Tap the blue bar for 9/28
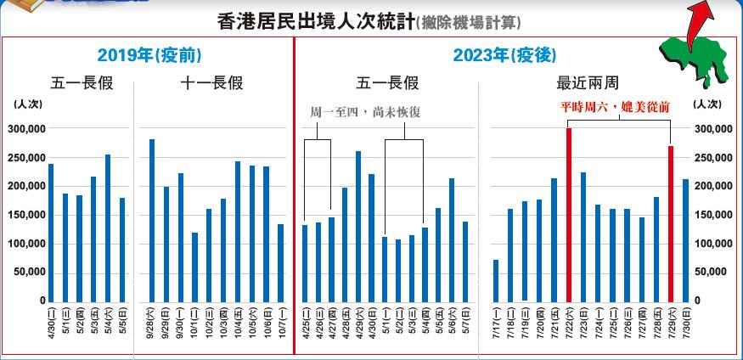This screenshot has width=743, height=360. [151, 220]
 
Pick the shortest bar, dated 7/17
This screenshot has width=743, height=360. [495, 280]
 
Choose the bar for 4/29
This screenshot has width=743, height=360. [358, 226]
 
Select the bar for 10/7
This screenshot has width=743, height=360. [280, 262]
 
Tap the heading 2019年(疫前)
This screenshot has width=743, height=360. [149, 56]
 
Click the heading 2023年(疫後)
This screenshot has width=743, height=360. [504, 56]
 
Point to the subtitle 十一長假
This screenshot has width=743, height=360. [211, 83]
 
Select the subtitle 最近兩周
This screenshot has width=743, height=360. [587, 83]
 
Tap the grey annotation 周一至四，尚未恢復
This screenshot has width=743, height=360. [363, 111]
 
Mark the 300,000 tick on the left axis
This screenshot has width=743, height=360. [27, 129]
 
